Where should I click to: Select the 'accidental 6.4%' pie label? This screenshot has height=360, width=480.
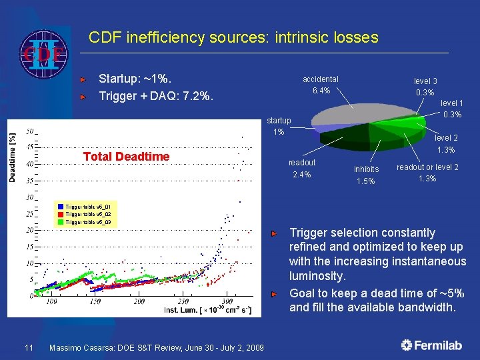click(320, 85)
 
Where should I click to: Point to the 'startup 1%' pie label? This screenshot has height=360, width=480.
click(279, 126)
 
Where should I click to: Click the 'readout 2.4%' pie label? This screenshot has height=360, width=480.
click(302, 169)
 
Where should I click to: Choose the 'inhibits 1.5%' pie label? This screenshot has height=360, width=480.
click(366, 175)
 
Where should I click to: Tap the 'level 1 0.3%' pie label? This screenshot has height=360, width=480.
click(452, 109)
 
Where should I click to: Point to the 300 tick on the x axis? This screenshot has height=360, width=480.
click(227, 302)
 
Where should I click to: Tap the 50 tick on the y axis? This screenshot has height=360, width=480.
click(30, 131)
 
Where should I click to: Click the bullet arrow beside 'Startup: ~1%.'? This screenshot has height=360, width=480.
click(83, 79)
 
